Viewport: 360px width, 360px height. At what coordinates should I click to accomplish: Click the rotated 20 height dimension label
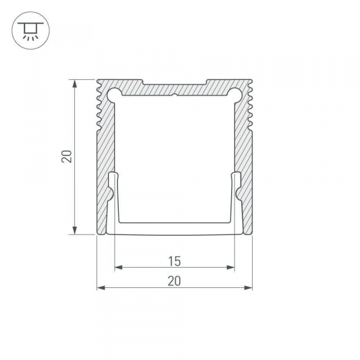67,157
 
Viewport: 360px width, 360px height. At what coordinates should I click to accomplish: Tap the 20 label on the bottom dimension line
174,280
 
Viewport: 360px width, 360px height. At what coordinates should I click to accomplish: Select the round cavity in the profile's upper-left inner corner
114,93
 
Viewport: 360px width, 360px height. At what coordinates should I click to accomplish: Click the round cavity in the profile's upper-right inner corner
235,93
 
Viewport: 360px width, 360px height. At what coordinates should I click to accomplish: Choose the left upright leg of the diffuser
113,198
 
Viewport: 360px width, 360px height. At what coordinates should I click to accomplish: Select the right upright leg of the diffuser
236,198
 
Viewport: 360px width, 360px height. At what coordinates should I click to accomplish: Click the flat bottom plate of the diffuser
174,227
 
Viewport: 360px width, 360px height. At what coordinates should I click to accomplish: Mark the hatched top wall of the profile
174,88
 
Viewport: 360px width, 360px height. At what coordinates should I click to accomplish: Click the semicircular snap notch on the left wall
109,193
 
